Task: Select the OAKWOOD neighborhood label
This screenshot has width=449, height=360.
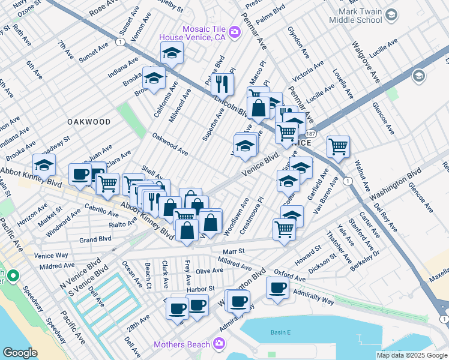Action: coord(89,122)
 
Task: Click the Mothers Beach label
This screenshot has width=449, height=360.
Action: coord(181,344)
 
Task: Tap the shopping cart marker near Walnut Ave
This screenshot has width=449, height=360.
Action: coord(339,146)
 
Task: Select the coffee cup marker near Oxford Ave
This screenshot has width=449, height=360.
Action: coord(277,287)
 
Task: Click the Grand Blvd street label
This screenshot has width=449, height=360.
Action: coord(95,239)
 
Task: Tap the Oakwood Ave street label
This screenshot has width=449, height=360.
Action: coord(170,145)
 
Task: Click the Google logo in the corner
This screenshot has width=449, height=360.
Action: coord(19,352)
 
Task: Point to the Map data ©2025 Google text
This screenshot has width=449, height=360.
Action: coord(412,355)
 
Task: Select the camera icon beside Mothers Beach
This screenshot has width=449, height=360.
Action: coord(219,344)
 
